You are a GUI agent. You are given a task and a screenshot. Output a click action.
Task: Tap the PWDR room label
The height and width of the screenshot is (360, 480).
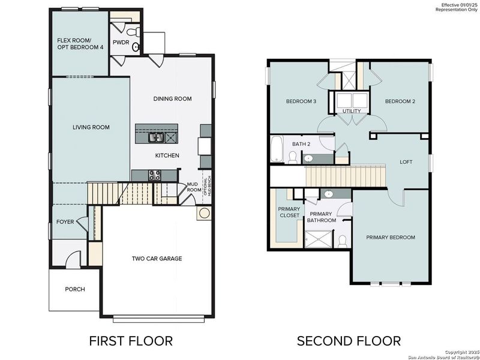(121, 43)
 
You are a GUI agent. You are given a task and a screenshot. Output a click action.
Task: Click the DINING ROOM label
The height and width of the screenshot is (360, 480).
(172, 99)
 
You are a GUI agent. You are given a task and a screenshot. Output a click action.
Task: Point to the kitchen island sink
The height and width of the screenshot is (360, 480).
(157, 138)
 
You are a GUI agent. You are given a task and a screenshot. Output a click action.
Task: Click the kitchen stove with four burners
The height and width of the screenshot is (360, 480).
(154, 175)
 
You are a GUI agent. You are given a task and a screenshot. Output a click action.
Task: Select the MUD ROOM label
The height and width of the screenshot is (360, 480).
(193, 187)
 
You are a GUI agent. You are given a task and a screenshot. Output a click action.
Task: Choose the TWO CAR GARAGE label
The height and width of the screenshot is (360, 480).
(157, 259)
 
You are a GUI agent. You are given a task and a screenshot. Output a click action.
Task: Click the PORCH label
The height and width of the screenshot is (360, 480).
(75, 289)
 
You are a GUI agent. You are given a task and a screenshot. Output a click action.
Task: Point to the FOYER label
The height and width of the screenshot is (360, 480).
(65, 222)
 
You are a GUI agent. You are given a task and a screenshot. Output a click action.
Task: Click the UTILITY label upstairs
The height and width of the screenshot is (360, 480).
(351, 112)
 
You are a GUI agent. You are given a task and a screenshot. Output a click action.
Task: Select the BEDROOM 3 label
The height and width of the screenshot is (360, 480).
(301, 101)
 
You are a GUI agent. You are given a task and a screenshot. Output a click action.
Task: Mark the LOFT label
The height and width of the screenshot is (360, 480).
(406, 162)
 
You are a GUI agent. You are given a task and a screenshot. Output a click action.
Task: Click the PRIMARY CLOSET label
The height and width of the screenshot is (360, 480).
(289, 212)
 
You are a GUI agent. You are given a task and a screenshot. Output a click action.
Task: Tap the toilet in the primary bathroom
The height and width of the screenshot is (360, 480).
(342, 241)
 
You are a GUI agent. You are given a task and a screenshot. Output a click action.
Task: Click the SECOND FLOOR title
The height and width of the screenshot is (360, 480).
(349, 341)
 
